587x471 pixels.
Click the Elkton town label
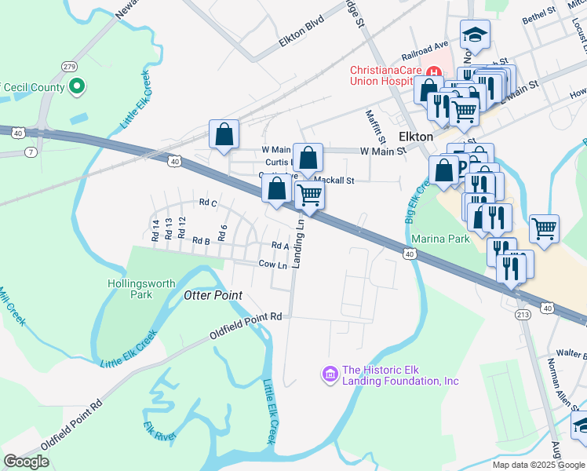pos(416,136)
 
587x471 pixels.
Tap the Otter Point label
pos(213,295)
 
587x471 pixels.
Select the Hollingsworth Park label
pos(129,289)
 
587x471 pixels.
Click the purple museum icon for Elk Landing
pos(330,374)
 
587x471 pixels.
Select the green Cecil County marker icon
pos(77,87)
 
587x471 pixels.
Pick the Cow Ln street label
pos(272,265)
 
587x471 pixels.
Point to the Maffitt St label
pos(371,124)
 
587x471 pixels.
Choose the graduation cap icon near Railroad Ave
pos(474,35)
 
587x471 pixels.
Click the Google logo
pos(26,461)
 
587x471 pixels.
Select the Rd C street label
pos(208,203)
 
